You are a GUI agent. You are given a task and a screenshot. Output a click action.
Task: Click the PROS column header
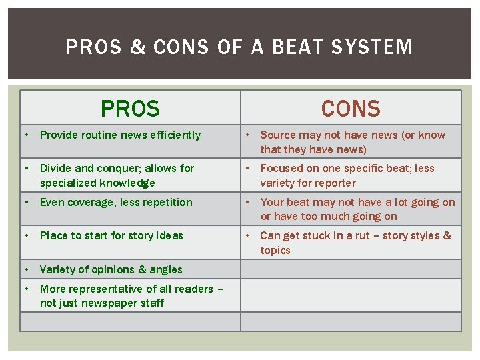[130, 108]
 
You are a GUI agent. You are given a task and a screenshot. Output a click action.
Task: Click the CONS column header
[350, 108]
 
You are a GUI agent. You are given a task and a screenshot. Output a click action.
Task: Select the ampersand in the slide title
[138, 47]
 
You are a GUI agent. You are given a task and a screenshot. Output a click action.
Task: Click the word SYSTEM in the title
[377, 47]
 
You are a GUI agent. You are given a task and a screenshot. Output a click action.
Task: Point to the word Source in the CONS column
[277, 135]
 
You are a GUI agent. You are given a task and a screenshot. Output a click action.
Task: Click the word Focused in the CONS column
[281, 169]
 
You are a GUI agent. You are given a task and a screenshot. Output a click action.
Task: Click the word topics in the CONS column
[275, 250]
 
